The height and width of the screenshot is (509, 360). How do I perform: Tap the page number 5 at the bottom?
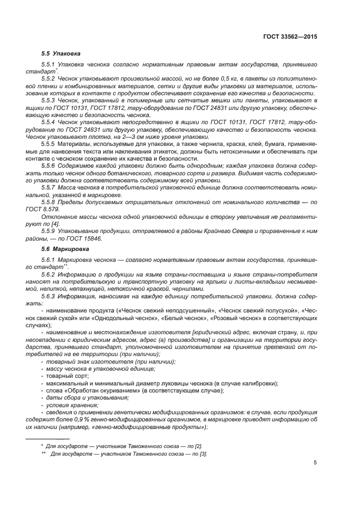[315, 463]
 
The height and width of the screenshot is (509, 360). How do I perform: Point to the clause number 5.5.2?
[50, 78]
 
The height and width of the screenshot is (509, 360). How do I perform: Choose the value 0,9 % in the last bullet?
[89, 419]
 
